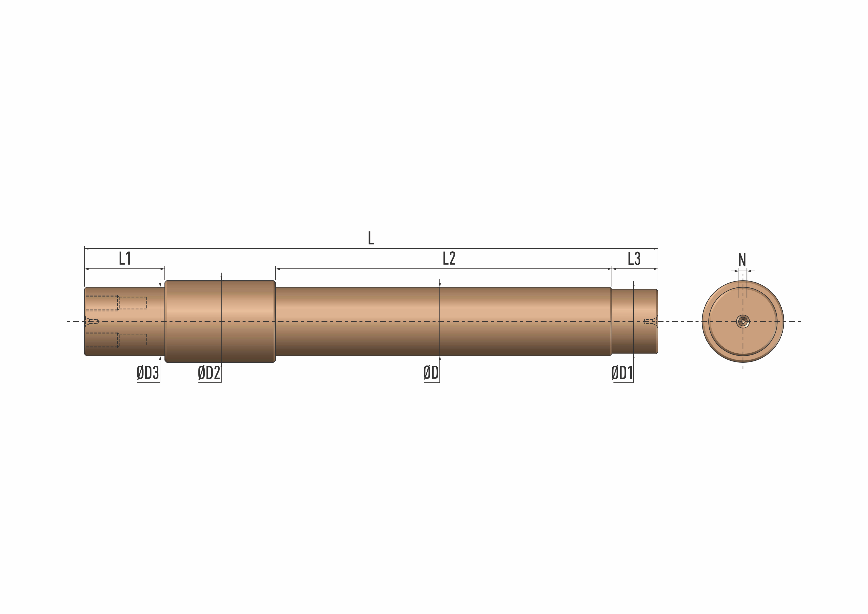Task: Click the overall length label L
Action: click(371, 238)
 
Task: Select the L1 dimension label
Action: click(125, 259)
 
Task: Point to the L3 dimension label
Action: click(634, 259)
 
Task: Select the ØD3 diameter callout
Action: click(148, 373)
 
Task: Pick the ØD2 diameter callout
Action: click(209, 373)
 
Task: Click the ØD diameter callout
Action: click(431, 373)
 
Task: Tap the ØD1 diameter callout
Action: click(622, 373)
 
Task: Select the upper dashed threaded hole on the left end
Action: click(116, 303)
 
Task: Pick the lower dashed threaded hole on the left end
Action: click(116, 340)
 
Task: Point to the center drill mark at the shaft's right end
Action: click(650, 321)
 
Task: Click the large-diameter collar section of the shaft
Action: click(220, 321)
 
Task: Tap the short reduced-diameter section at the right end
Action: click(634, 321)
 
